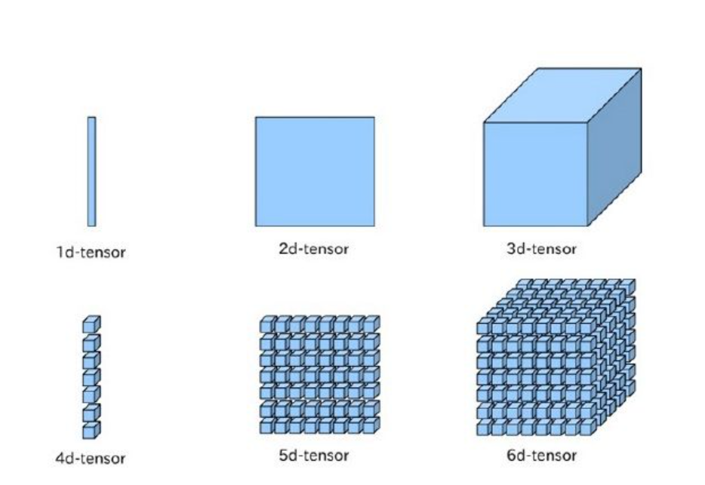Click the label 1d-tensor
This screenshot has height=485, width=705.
tap(91, 252)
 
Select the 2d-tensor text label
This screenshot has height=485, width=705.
tap(314, 249)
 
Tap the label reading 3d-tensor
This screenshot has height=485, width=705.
tap(541, 249)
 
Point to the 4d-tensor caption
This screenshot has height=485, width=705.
tap(91, 458)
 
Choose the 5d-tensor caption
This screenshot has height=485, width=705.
tap(314, 456)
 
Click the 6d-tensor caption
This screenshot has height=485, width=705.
tap(541, 456)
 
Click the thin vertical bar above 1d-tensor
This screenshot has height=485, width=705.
tap(91, 171)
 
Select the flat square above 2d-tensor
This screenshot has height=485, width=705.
tap(315, 171)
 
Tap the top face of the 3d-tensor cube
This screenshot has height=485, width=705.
tap(562, 95)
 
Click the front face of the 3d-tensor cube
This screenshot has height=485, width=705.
tap(535, 174)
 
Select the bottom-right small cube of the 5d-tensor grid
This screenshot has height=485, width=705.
tap(370, 427)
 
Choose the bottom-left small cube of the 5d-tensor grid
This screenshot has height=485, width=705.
tap(266, 427)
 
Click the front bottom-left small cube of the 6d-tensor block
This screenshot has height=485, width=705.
tap(483, 429)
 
